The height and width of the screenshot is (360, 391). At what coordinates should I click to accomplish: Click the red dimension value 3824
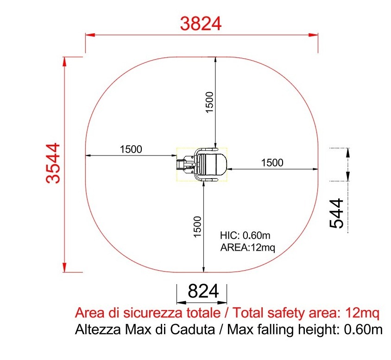201,24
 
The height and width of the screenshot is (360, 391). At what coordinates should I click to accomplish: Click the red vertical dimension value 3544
53,163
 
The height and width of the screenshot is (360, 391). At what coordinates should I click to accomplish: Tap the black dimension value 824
203,291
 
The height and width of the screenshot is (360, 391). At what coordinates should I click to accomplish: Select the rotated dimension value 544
336,213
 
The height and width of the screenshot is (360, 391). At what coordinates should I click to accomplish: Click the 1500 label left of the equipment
131,149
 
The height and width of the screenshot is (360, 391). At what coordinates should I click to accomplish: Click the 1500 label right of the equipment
272,163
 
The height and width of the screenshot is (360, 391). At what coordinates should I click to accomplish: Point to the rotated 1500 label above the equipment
209,102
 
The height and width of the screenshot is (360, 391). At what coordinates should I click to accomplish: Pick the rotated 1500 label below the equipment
197,227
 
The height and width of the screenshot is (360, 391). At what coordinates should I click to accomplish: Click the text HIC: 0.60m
245,235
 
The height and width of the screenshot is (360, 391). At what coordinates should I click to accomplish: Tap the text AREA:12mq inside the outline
247,248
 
